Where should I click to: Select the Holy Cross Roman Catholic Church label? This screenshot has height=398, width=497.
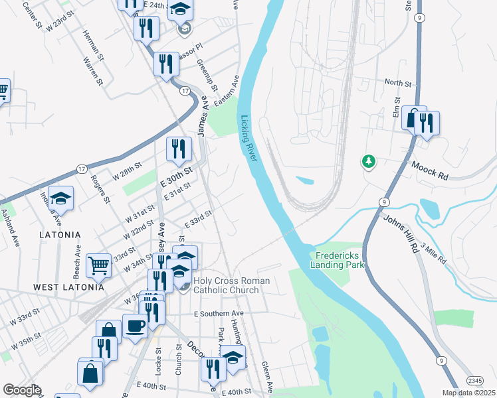point(231,285)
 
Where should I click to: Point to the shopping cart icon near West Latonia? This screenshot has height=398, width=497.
point(98,265)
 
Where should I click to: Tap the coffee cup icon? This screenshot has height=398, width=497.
point(136,327)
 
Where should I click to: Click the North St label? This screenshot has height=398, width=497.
point(399,83)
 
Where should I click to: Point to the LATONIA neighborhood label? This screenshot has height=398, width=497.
point(59,235)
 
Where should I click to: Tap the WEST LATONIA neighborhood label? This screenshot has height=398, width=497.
point(69,287)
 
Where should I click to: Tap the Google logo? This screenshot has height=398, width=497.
point(22,390)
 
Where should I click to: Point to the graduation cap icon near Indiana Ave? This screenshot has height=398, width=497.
point(60,198)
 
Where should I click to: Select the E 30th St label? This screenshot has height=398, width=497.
point(176,177)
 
